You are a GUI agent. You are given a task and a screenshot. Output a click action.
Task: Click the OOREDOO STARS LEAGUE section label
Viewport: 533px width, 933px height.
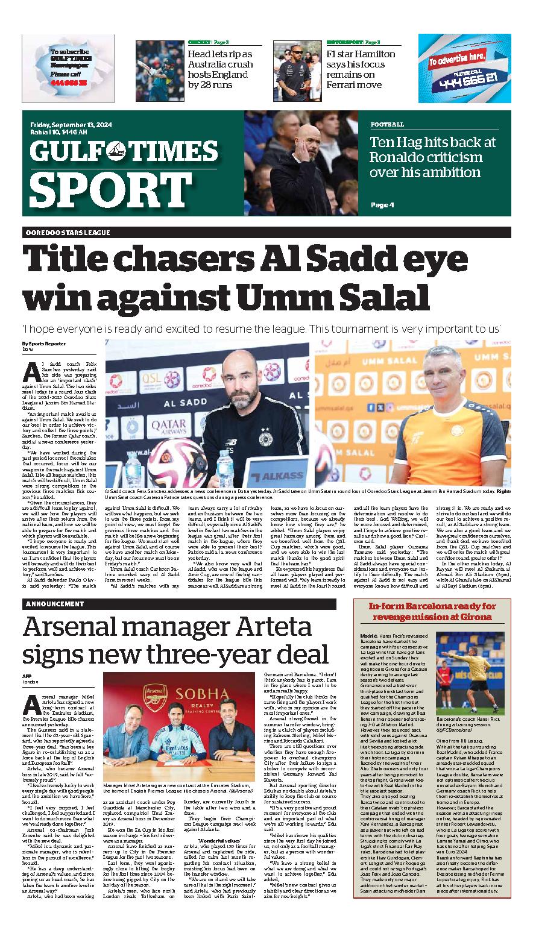pyautogui.click(x=68, y=233)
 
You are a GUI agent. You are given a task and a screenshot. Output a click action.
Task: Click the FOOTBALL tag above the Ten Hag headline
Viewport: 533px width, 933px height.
pyautogui.click(x=387, y=125)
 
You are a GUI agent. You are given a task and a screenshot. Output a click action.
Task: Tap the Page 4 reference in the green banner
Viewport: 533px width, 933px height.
pyautogui.click(x=382, y=205)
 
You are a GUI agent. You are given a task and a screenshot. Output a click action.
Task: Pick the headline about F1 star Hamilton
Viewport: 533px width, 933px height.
pyautogui.click(x=361, y=69)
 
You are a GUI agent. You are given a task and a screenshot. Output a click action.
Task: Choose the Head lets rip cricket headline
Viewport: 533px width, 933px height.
pyautogui.click(x=220, y=69)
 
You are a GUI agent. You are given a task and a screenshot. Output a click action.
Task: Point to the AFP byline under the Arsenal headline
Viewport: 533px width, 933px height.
pyautogui.click(x=27, y=676)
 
